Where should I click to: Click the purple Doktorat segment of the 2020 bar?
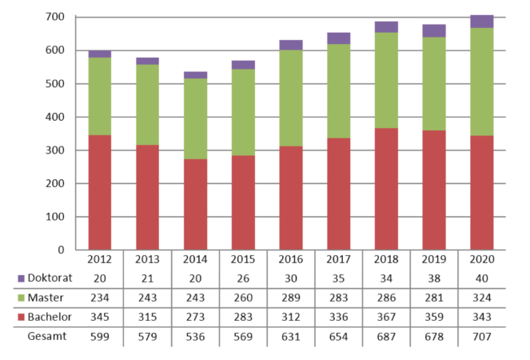click(481, 21)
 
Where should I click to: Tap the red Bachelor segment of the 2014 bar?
click(195, 204)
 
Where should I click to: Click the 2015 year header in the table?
click(243, 260)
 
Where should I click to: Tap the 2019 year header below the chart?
click(434, 260)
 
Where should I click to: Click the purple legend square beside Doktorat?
click(22, 278)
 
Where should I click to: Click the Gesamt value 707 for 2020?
click(481, 335)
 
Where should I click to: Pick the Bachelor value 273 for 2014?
click(195, 316)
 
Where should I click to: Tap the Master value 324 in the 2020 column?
click(481, 297)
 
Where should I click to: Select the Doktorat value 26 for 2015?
click(243, 278)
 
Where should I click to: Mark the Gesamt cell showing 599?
click(100, 335)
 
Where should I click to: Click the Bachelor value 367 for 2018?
click(386, 316)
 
